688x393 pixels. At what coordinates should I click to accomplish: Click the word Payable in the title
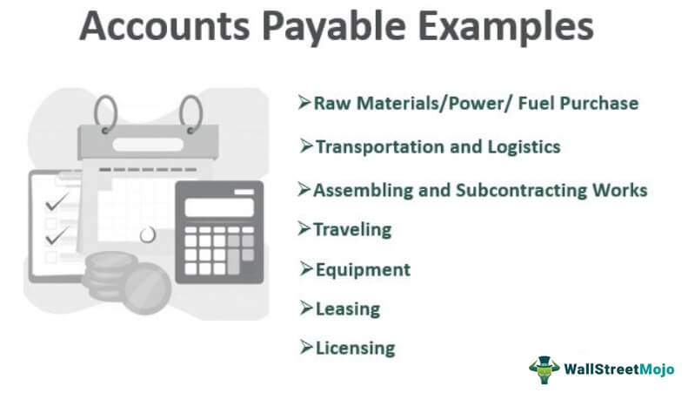tap(333, 27)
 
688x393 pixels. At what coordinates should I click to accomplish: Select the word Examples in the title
tap(506, 27)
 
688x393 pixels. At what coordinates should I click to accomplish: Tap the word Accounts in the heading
tap(164, 26)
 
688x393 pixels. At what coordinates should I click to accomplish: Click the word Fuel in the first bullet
tap(537, 103)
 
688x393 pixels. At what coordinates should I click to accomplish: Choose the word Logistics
tap(524, 147)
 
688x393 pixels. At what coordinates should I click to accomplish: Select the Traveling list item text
tap(352, 230)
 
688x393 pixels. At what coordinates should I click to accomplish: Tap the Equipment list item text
tap(363, 270)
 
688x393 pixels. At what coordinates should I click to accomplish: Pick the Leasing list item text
tap(348, 309)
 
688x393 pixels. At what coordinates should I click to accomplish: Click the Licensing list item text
tap(356, 349)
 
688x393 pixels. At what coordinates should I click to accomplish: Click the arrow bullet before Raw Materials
tap(304, 102)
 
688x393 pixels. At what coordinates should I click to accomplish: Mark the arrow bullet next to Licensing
tap(306, 347)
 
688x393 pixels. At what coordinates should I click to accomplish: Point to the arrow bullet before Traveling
tap(304, 228)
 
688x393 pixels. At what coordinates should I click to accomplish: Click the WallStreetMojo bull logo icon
tap(544, 369)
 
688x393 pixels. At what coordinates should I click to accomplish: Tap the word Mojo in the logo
tap(657, 369)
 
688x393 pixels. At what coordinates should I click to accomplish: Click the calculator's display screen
tap(219, 207)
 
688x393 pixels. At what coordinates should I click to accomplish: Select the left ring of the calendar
tap(105, 114)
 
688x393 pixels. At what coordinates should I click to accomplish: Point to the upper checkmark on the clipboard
tap(57, 202)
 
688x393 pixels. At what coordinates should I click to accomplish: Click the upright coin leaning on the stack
tap(148, 288)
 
